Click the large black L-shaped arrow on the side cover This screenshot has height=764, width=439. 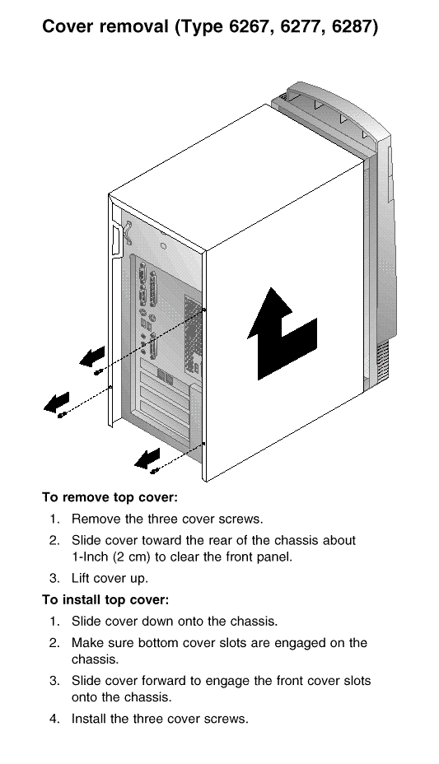pos(283,333)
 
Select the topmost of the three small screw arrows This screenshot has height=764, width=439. pos(92,356)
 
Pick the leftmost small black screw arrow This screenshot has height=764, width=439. pos(57,403)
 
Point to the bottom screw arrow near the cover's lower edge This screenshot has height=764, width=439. pos(147,459)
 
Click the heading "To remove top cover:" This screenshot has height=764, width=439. pos(110,497)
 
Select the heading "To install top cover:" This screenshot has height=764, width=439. pos(105,600)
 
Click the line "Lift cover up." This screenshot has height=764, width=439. pos(110,579)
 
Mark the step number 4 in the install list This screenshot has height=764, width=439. pos(54,719)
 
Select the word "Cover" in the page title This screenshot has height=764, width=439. pos(67,26)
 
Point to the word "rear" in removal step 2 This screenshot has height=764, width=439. pos(236,541)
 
